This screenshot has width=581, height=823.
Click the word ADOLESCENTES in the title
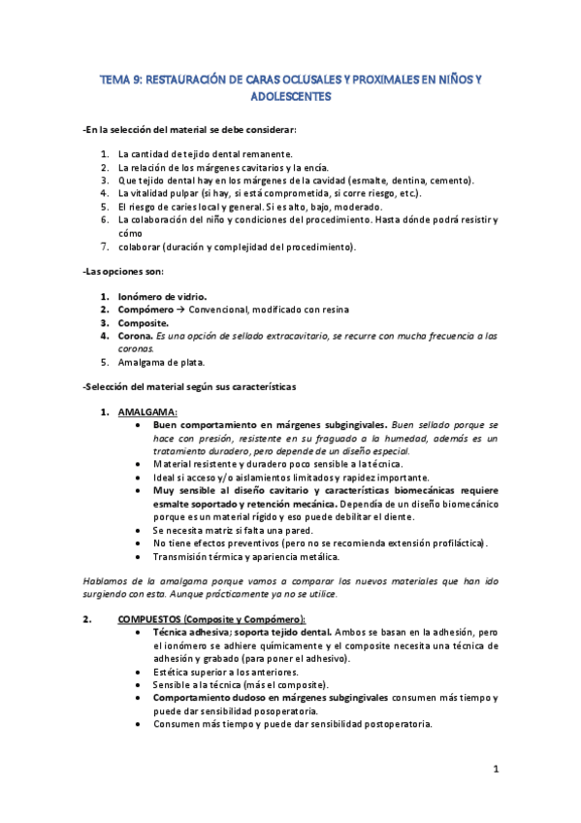[290, 98]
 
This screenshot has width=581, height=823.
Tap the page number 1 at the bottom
[495, 771]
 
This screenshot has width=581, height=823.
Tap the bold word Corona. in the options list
[136, 336]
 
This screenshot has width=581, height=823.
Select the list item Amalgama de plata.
[161, 362]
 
